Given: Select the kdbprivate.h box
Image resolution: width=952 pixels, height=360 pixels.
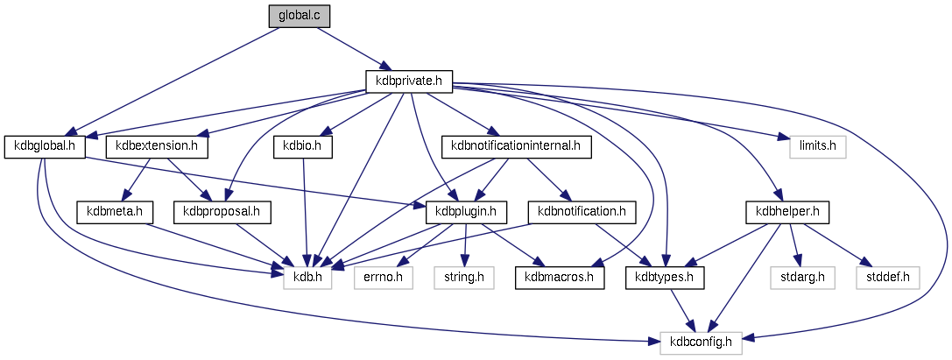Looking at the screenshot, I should pos(408,81).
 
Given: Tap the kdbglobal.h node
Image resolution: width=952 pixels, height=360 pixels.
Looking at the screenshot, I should pos(45,146).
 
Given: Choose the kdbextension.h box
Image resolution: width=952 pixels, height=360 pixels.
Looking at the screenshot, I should pos(157,146).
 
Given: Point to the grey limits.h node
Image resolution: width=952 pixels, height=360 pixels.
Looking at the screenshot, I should pos(814,146).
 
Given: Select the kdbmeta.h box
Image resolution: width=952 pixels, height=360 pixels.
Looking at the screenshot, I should pos(115,211).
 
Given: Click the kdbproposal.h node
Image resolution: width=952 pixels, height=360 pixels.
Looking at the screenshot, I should pos(222,211).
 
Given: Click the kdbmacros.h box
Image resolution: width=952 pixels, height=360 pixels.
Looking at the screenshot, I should pos(558,277).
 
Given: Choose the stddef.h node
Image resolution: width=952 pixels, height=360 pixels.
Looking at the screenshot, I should pos(889,277).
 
